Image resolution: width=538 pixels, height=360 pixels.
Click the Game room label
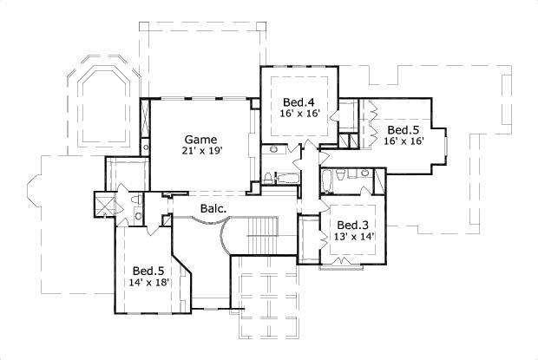(x=200, y=140)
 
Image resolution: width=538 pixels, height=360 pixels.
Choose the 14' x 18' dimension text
(x=148, y=283)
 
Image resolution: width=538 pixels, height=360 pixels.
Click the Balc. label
(x=213, y=209)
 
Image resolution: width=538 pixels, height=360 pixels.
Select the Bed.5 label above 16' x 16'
(x=403, y=129)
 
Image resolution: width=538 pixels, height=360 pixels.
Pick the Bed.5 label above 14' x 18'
(x=148, y=271)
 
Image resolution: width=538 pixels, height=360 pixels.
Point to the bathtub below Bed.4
(x=286, y=180)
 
